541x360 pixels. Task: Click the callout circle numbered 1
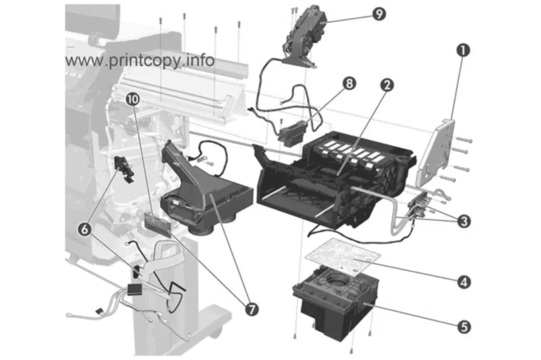point(463,51)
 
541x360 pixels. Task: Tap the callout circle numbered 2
point(387,85)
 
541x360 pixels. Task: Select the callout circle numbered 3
point(463,221)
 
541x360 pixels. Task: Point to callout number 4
point(464,282)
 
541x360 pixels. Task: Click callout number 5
point(464,327)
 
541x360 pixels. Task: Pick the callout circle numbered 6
point(85,229)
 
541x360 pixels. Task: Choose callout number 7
point(251,309)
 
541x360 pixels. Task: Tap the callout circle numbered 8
point(349,83)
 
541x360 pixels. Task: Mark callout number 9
point(379,14)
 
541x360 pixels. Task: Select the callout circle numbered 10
point(133,99)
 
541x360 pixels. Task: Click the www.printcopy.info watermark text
point(139,61)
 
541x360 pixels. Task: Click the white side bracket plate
point(435,153)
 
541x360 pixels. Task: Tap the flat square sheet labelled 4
point(343,257)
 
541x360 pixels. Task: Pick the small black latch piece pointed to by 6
point(124,169)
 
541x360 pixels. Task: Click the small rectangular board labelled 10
point(157,224)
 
